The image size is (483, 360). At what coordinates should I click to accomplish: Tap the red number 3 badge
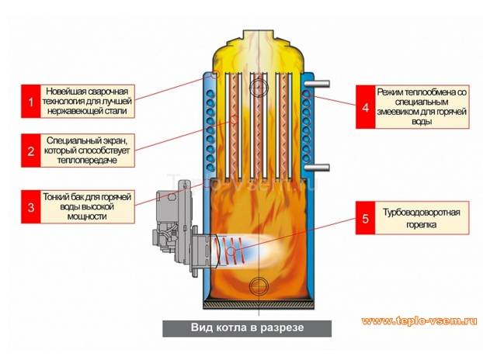click(x=31, y=206)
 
